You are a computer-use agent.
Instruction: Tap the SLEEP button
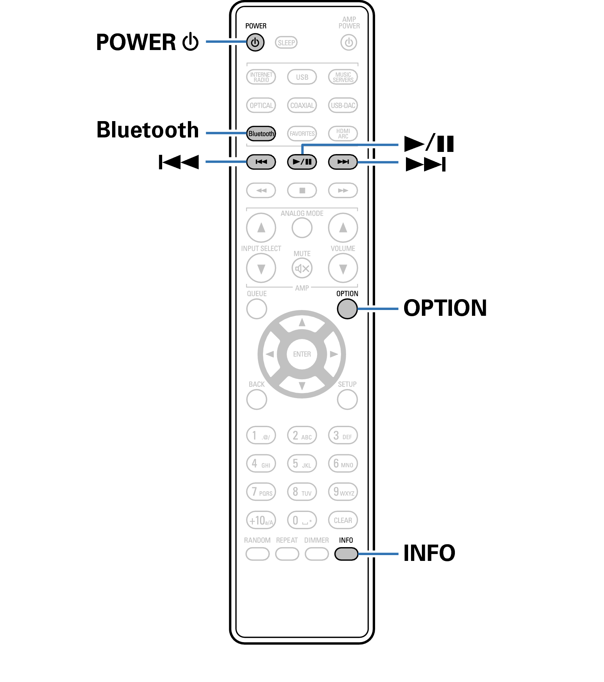tap(286, 43)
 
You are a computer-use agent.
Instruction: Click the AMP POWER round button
tap(349, 42)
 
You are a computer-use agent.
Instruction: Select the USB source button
tap(302, 77)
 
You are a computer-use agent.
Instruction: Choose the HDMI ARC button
tap(343, 133)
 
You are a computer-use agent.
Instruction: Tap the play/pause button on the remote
tap(302, 162)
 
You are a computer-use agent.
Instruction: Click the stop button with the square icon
tap(302, 190)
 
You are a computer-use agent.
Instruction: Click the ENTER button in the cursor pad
tap(302, 354)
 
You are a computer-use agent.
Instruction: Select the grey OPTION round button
tap(347, 309)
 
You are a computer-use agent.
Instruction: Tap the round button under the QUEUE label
tap(256, 309)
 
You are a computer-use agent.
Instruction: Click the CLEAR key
tap(343, 520)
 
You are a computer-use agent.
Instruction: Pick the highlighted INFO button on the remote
tap(346, 554)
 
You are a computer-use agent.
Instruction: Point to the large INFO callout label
tap(429, 553)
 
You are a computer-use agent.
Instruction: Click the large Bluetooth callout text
tap(148, 130)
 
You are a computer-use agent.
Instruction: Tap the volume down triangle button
tap(343, 268)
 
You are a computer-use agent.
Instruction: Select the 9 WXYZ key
tap(343, 492)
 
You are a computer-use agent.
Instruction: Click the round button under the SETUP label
tap(347, 400)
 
